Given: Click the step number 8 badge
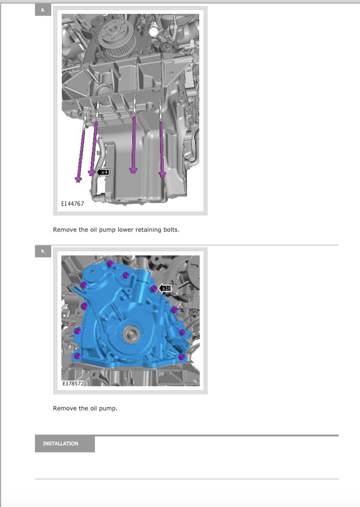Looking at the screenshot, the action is coord(43,10).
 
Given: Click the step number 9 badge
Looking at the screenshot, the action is coord(43,251).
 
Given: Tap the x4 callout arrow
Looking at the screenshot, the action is coord(103,172).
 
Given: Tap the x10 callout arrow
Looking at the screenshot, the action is coord(165,288).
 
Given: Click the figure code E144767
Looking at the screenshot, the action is coord(73,204).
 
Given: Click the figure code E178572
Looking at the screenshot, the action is coord(73,383).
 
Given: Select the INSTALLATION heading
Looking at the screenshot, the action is coord(61,443).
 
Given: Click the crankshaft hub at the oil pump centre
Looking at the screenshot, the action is coord(131,334).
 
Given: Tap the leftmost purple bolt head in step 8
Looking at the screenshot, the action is coord(78,179).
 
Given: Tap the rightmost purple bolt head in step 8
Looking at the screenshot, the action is coord(162,175).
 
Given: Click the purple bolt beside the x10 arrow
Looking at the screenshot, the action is coord(153,289).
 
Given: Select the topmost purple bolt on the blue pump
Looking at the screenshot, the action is coord(110,263).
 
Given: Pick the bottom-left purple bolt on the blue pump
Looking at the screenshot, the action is coord(77,356).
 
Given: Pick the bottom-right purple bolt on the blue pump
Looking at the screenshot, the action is coord(181,357).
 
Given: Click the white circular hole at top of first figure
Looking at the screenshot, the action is coord(153,32).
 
